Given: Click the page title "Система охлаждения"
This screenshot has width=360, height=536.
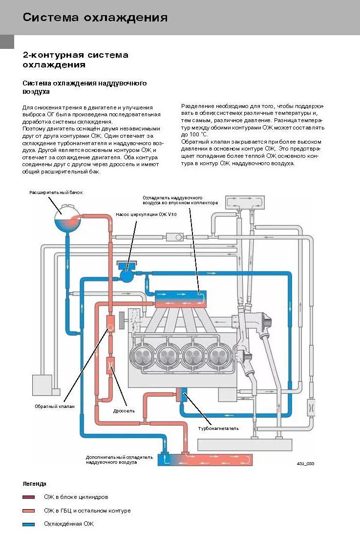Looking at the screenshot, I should click(95, 18).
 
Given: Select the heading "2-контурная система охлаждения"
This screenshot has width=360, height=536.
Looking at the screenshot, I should click(75, 60).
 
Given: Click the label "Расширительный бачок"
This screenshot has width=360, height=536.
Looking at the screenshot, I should click(56, 193).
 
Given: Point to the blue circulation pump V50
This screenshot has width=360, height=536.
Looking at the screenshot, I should click(127, 276).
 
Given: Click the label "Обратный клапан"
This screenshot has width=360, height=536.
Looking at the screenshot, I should click(54, 406).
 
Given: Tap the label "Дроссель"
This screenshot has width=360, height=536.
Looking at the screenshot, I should click(124, 411).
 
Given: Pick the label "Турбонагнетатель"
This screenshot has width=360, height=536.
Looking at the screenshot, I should click(218, 429).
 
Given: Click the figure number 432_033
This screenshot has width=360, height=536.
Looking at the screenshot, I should click(305, 463).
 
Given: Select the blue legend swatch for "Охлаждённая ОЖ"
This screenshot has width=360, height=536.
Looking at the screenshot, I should click(29, 524).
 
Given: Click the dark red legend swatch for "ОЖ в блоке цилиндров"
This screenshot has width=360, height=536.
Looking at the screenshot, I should click(29, 497).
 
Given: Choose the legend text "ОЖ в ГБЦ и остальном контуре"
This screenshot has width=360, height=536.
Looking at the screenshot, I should click(87, 511).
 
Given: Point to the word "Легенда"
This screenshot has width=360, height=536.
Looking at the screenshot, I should click(34, 484).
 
